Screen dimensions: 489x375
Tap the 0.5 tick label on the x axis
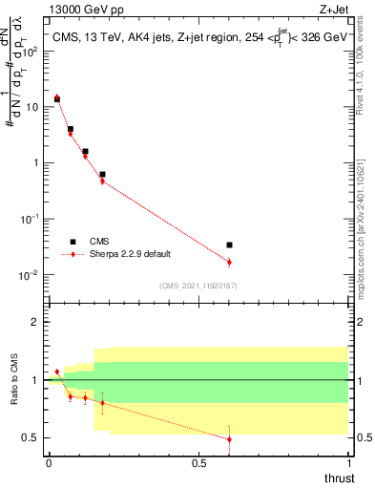[198, 462]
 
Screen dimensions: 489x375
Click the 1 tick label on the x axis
[348, 462]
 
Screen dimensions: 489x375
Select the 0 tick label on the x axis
[49, 462]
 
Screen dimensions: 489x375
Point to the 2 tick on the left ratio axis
[37, 322]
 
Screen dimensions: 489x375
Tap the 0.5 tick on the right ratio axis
[360, 437]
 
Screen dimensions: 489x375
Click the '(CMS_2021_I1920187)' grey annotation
[198, 285]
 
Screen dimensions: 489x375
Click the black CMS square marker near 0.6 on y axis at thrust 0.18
[102, 175]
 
